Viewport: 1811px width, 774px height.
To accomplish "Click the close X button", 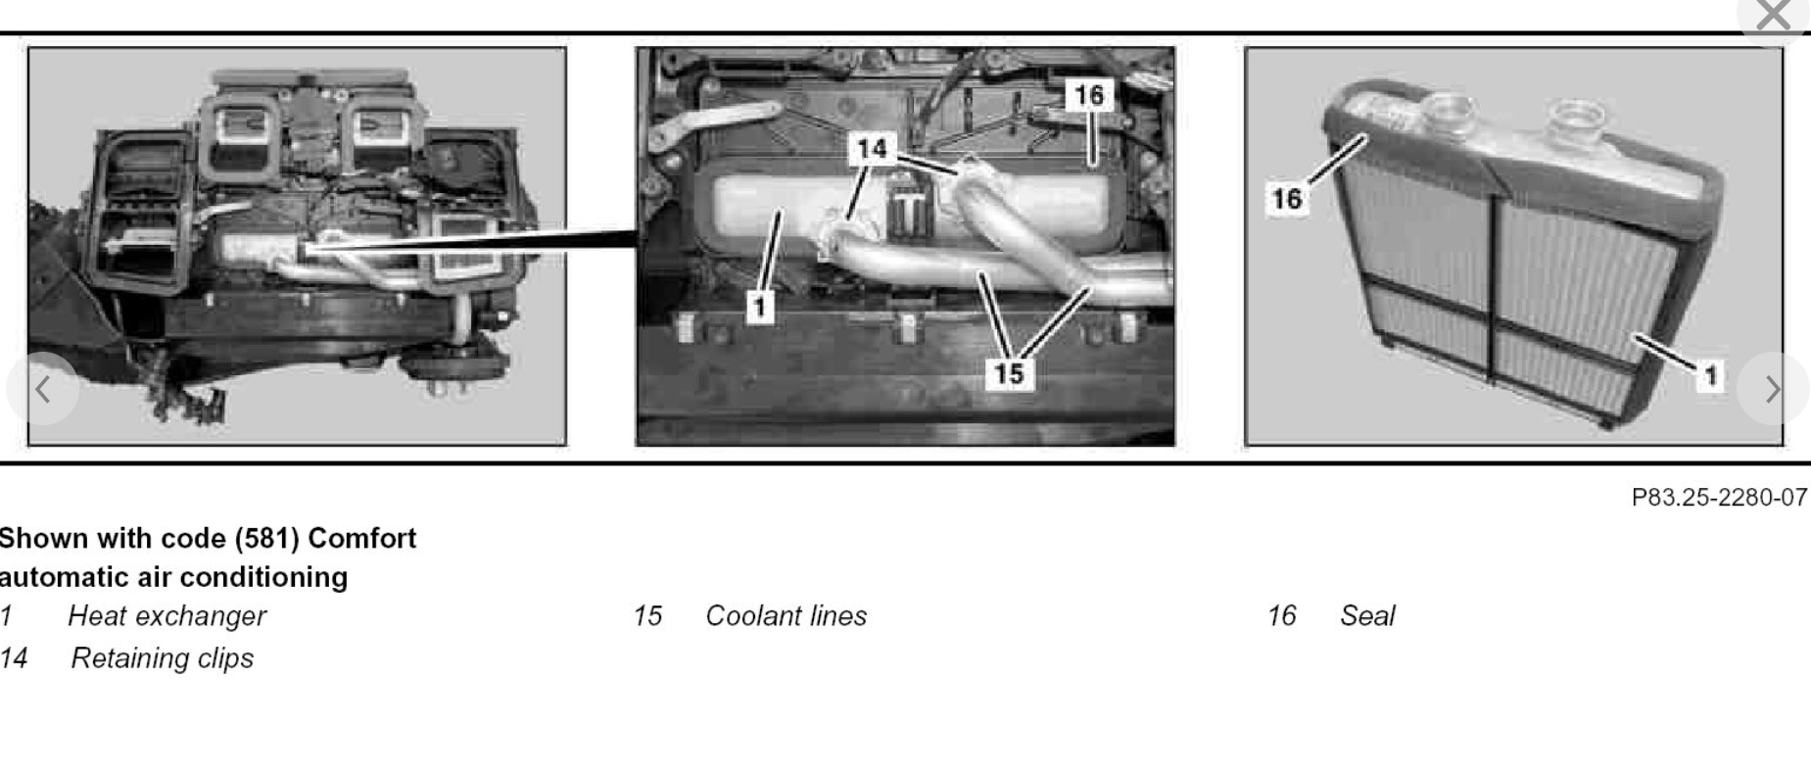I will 1774,17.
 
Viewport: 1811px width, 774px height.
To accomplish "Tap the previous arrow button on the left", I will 42,389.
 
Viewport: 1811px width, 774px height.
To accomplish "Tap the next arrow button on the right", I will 1772,389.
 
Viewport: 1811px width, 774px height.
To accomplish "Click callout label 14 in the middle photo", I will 872,149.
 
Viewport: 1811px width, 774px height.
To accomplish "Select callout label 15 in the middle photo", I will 1009,373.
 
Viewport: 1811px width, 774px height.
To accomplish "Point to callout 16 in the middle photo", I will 1089,95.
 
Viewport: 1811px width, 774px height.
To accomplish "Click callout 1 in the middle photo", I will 760,308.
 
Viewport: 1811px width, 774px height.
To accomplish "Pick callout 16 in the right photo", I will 1287,199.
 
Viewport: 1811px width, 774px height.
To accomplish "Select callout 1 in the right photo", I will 1710,375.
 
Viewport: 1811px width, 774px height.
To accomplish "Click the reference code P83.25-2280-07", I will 1719,498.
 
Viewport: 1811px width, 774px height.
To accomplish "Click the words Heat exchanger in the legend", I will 167,616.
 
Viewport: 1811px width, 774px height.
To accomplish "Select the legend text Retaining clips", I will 163,658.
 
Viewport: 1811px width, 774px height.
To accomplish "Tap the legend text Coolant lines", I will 786,616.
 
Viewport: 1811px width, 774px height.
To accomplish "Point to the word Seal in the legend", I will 1367,616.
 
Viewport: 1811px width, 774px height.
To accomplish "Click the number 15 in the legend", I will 647,616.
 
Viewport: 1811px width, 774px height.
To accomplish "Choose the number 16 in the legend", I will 1281,616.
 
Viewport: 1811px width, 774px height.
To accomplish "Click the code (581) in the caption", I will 266,539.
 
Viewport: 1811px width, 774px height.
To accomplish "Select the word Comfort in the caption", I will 361,539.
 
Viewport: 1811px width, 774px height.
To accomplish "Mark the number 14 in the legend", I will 14,658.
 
